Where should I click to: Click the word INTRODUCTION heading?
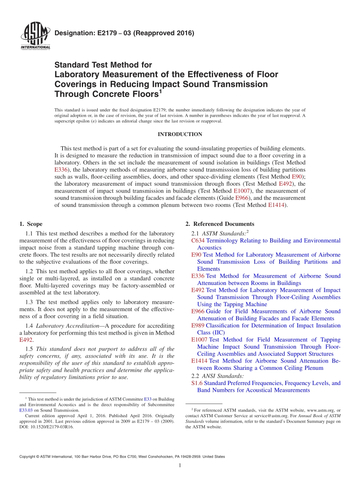coord(180,135)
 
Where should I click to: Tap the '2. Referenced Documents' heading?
coord(220,224)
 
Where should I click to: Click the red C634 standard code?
coord(198,241)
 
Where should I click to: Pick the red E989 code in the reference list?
coord(198,326)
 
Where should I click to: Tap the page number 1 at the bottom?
coord(180,465)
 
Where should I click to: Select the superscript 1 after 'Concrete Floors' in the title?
coord(161,91)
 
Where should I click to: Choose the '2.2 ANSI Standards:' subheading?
coord(218,376)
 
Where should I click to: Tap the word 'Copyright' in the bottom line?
coord(28,457)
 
